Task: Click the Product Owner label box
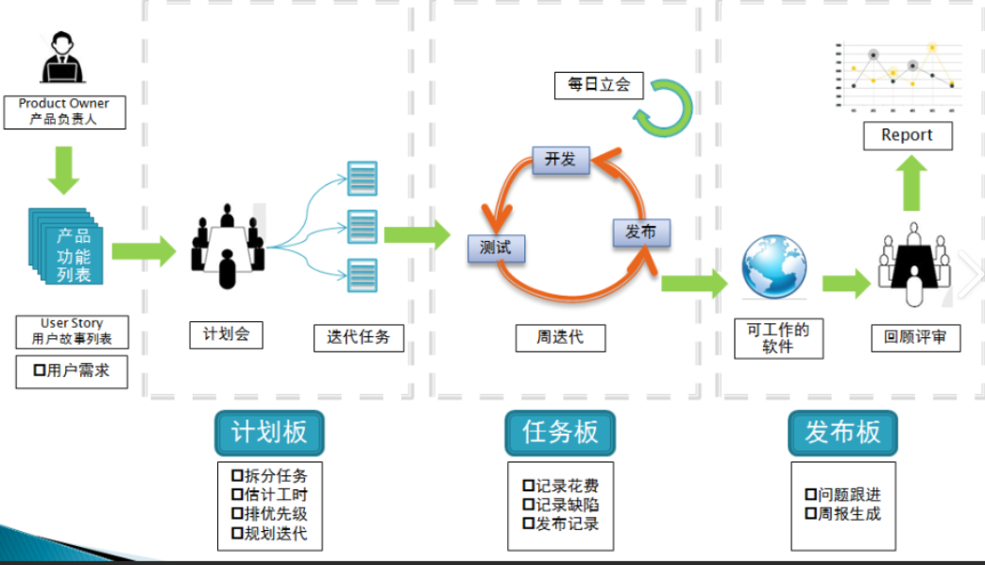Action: (63, 111)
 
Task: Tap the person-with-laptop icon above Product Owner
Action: (63, 59)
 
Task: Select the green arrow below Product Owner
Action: (64, 170)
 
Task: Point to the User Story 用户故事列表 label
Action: (72, 332)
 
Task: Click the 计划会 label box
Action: (226, 334)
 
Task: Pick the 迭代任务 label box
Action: (359, 337)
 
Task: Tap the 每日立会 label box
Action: (599, 85)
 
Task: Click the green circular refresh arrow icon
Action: (663, 107)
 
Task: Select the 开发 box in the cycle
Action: (560, 160)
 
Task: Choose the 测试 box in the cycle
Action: (496, 248)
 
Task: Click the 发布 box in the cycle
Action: (641, 232)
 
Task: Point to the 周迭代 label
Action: (560, 337)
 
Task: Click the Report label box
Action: (908, 135)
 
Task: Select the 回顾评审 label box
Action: (915, 337)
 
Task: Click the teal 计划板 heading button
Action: (269, 433)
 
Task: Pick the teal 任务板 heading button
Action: (560, 433)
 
